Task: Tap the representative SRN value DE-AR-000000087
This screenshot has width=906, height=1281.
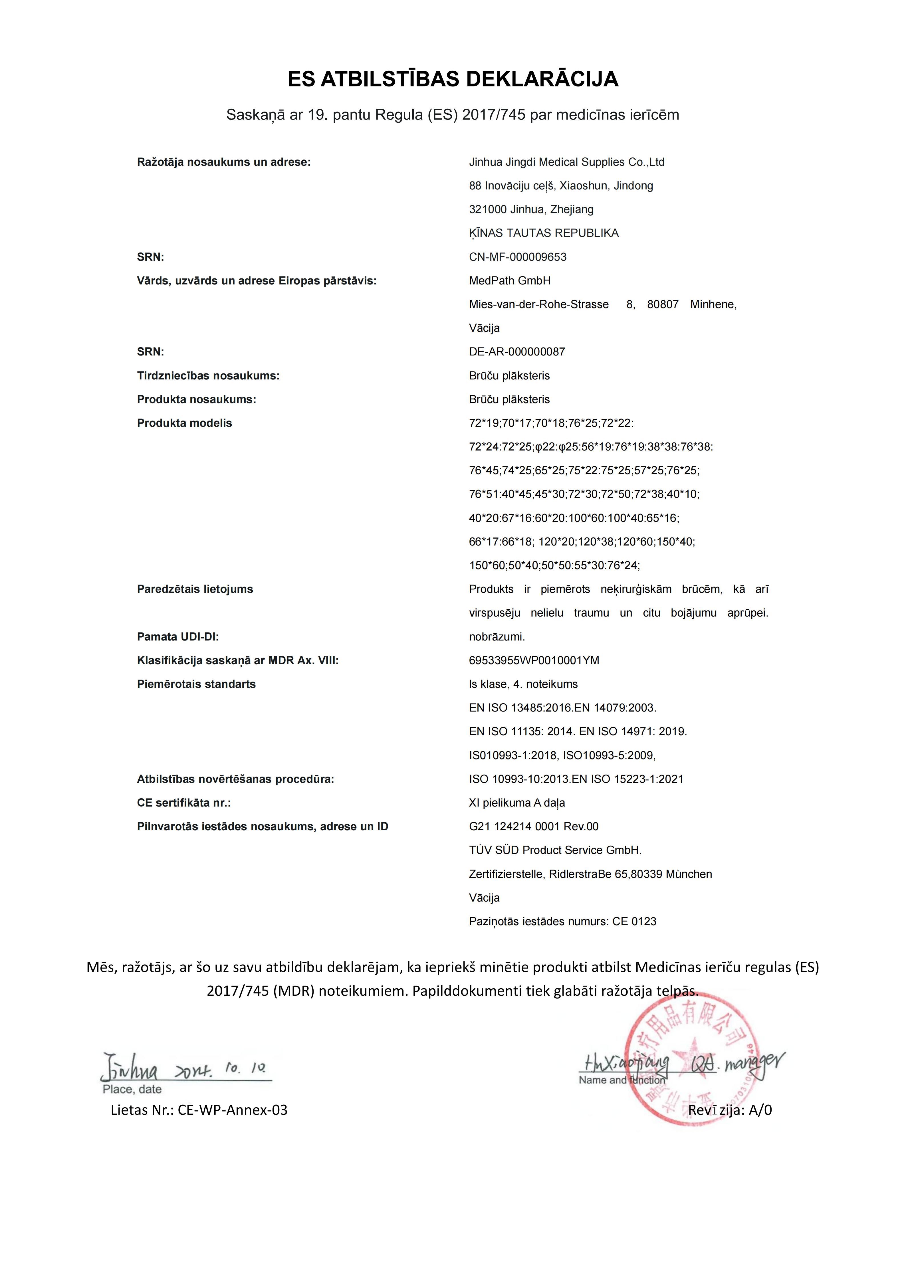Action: pyautogui.click(x=516, y=352)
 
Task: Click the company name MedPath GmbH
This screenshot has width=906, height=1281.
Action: pyautogui.click(x=509, y=281)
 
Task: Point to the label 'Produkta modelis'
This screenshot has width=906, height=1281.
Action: pyautogui.click(x=184, y=423)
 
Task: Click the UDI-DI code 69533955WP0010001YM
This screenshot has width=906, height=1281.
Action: pyautogui.click(x=534, y=660)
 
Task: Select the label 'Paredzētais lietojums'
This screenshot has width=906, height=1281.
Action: pyautogui.click(x=195, y=589)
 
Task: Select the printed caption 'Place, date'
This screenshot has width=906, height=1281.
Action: pyautogui.click(x=132, y=1089)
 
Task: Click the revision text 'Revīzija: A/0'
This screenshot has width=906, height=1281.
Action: pyautogui.click(x=730, y=1110)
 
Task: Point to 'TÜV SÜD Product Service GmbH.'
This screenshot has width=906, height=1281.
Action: pyautogui.click(x=555, y=850)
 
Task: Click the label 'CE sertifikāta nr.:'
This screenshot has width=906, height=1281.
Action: pyautogui.click(x=183, y=803)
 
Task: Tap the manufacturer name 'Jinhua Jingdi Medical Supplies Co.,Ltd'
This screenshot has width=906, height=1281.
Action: pyautogui.click(x=566, y=162)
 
